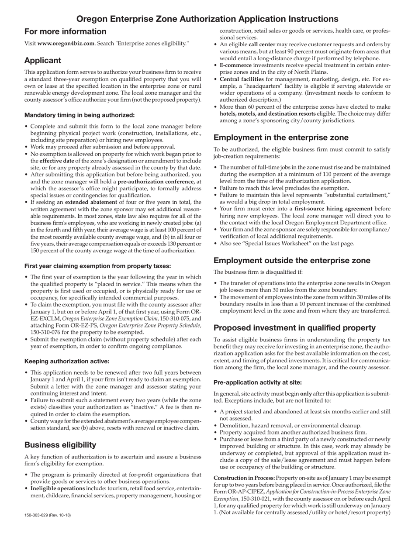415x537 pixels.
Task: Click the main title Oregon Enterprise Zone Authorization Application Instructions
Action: tap(207, 19)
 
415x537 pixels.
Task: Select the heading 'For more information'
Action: tap(65, 31)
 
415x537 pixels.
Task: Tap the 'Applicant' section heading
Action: tap(42, 60)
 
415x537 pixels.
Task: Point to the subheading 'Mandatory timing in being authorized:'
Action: tap(80, 115)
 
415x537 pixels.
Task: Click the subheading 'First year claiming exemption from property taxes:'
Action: tap(97, 266)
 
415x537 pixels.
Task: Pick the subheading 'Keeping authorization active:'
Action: tap(67, 361)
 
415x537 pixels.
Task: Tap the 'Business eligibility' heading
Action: tap(60, 445)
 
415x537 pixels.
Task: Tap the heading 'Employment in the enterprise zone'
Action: tap(281, 138)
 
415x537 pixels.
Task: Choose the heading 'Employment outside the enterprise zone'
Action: tap(292, 261)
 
